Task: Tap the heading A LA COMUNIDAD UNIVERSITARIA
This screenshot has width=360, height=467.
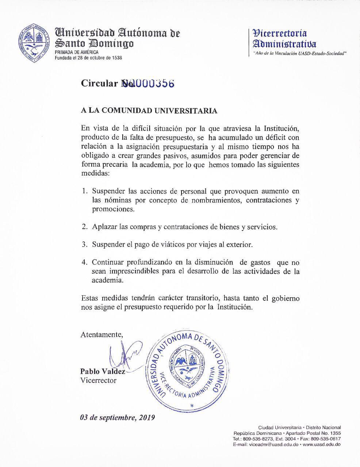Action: tap(149, 111)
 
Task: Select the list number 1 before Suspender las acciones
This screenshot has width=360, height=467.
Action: tap(85, 191)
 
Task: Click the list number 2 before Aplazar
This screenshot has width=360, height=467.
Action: tap(85, 227)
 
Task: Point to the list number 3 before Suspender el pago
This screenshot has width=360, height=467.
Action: tap(85, 244)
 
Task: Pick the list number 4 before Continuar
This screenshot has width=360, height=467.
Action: tap(85, 262)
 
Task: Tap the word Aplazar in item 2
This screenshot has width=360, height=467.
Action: tap(105, 227)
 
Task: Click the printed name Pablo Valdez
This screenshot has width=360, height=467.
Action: tap(103, 371)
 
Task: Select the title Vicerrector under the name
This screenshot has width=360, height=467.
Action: tap(99, 381)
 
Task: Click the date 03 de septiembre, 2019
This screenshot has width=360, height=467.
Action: tap(118, 417)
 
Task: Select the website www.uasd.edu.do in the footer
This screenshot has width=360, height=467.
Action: tap(322, 445)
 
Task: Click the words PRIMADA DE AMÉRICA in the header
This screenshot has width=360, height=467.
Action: tap(77, 52)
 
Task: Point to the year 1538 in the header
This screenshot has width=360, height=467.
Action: tap(116, 58)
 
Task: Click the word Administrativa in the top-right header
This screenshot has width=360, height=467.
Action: tap(285, 44)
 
